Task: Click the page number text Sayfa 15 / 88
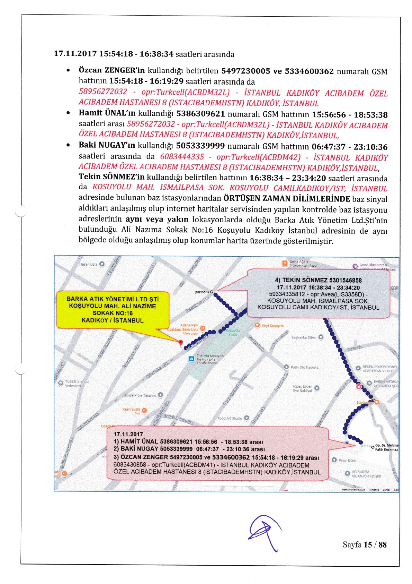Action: (365, 544)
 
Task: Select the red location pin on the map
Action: (180, 343)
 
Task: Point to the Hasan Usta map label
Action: (89, 264)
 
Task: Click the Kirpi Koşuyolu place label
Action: (272, 326)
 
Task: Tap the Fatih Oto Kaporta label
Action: (304, 367)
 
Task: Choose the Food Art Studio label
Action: (230, 419)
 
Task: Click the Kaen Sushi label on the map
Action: (131, 410)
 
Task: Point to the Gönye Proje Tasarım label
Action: (140, 395)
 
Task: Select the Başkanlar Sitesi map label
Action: (304, 337)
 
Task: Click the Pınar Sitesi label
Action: (347, 461)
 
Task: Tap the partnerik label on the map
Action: (202, 292)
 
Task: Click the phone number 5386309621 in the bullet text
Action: (201, 114)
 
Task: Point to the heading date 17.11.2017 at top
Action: (75, 54)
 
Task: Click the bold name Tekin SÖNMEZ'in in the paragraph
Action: (111, 177)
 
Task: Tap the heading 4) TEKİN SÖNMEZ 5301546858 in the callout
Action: (318, 280)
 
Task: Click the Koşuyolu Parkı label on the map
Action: (233, 333)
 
